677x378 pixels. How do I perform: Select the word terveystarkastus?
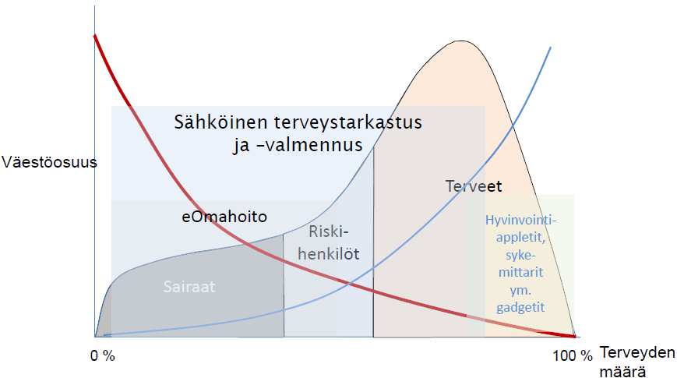pyautogui.click(x=348, y=122)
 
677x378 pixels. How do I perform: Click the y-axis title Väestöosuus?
pyautogui.click(x=49, y=162)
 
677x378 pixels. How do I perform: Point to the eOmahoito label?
pyautogui.click(x=224, y=216)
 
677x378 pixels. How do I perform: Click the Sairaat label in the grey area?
pyautogui.click(x=189, y=287)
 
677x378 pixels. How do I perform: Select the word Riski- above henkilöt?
pyautogui.click(x=329, y=232)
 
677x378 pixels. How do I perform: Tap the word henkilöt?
pyautogui.click(x=329, y=253)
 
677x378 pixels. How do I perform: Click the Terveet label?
pyautogui.click(x=474, y=186)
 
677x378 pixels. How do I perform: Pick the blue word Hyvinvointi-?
pyautogui.click(x=520, y=220)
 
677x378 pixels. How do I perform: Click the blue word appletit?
pyautogui.click(x=520, y=238)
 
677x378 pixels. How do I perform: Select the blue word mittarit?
pyautogui.click(x=520, y=273)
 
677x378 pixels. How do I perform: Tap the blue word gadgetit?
pyautogui.click(x=520, y=308)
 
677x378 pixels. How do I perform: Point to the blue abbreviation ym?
pyautogui.click(x=520, y=290)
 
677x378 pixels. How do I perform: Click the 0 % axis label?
pyautogui.click(x=103, y=356)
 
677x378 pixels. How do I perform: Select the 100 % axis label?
pyautogui.click(x=573, y=356)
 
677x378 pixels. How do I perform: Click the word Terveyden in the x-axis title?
pyautogui.click(x=637, y=352)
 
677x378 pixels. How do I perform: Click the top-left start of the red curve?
pyautogui.click(x=94, y=35)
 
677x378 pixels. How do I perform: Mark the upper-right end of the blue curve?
pyautogui.click(x=551, y=47)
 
